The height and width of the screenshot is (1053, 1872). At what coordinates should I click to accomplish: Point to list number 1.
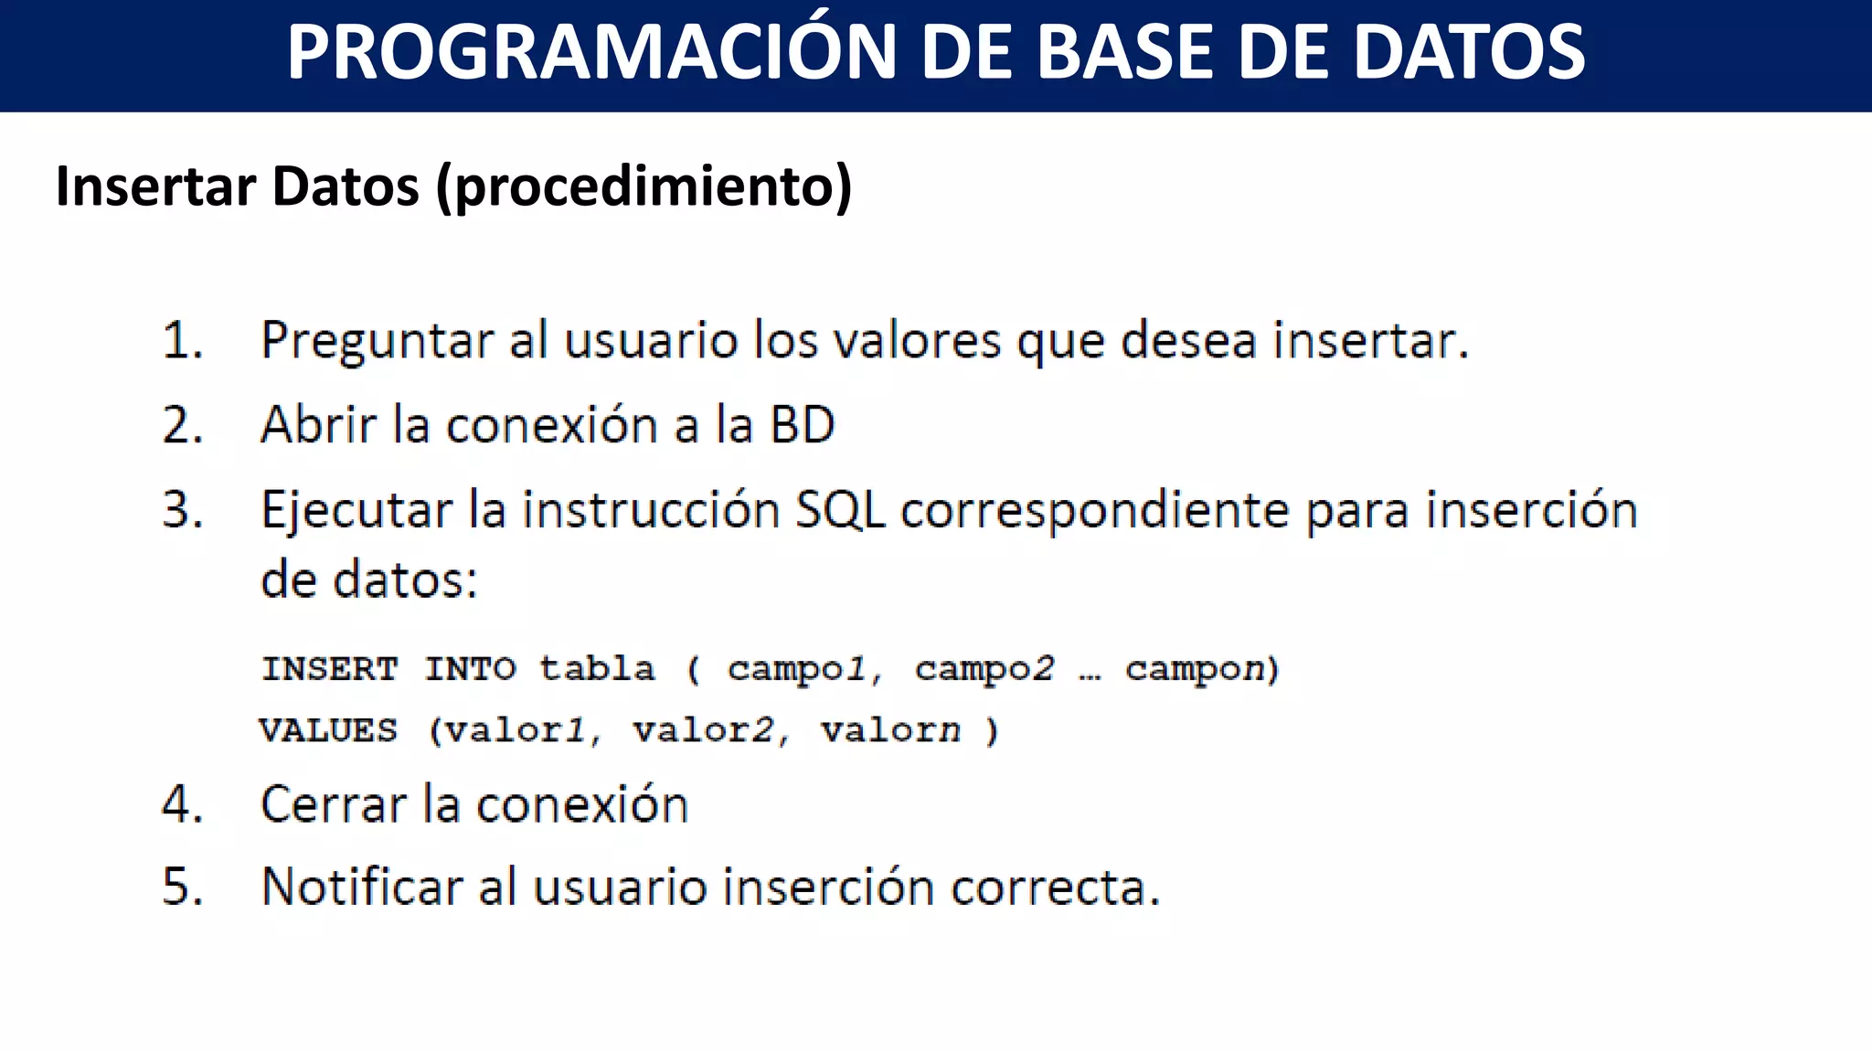(x=181, y=341)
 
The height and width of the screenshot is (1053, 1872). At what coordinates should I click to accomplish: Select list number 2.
(x=181, y=426)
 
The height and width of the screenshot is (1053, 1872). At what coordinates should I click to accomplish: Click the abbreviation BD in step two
(x=802, y=426)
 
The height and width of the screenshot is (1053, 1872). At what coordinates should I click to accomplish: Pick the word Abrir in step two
(x=318, y=426)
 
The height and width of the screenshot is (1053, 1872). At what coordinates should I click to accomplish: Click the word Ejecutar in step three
(x=356, y=511)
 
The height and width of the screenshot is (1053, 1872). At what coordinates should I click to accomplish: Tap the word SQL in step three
(x=840, y=511)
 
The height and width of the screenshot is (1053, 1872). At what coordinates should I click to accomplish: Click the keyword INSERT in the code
(x=330, y=669)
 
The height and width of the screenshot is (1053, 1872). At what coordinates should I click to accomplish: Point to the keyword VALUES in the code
(x=328, y=730)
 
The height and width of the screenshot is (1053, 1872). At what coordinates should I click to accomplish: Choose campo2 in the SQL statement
(x=984, y=670)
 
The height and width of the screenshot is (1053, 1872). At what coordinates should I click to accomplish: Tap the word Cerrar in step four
(x=333, y=805)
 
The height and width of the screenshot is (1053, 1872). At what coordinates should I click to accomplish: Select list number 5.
(x=181, y=888)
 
